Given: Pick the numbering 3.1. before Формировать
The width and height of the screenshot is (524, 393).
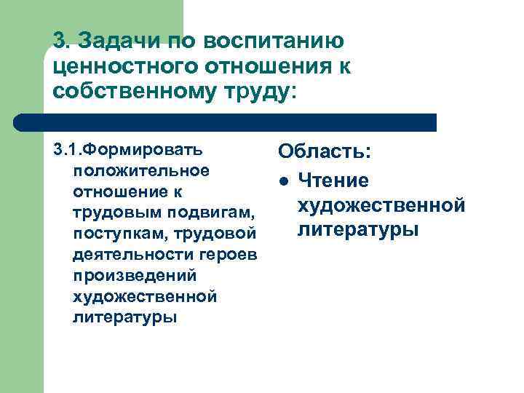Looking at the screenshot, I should click(x=69, y=150).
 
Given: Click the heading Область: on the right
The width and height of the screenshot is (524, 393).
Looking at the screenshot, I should click(x=325, y=152).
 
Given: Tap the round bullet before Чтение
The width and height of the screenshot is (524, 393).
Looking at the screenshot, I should click(x=285, y=180).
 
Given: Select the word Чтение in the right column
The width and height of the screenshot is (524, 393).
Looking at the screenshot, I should click(x=333, y=180).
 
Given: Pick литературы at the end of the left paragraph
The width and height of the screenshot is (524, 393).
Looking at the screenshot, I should click(x=124, y=318).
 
